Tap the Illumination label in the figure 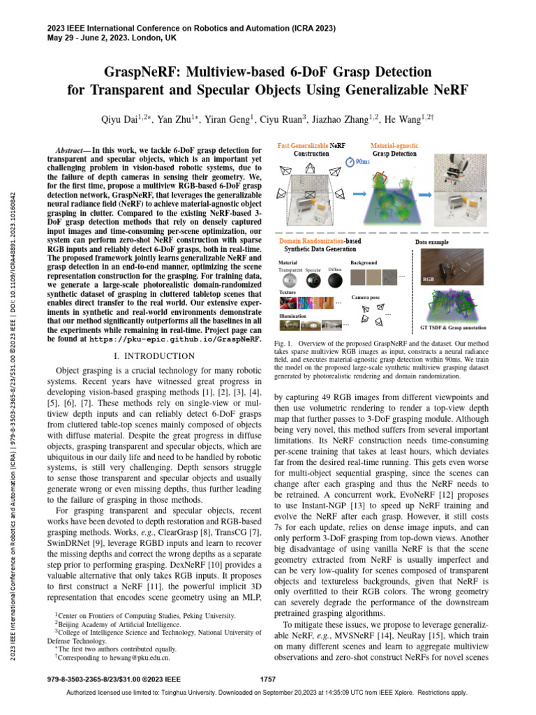coord(292,316)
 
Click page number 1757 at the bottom coord(268,679)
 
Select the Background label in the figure coord(364,262)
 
